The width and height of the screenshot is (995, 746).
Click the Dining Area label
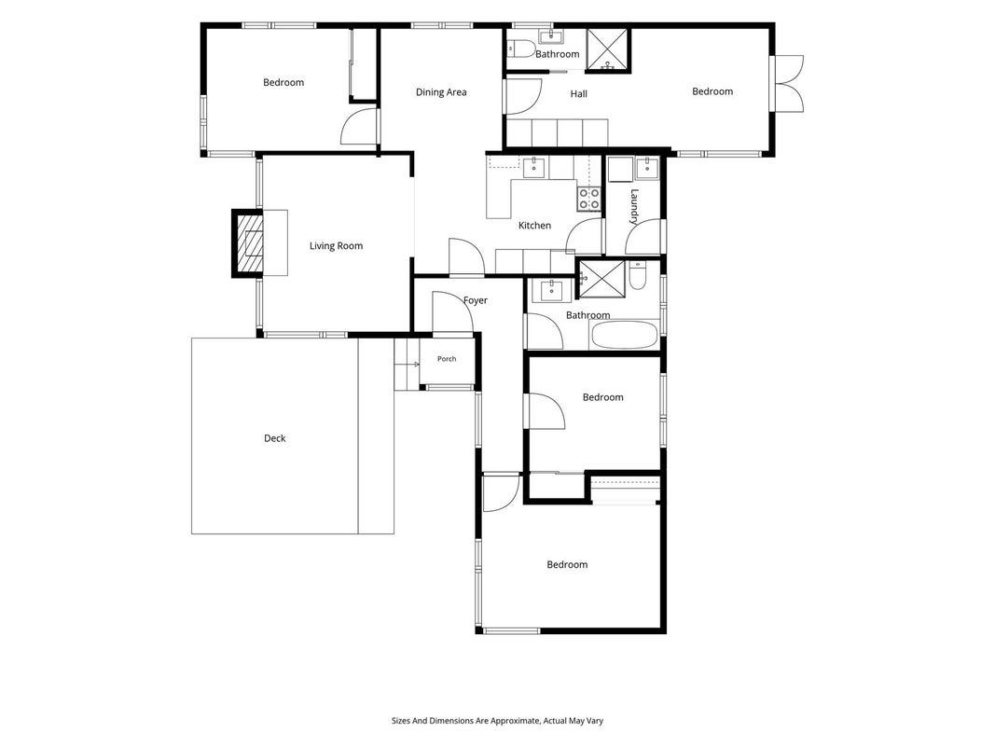[441, 92]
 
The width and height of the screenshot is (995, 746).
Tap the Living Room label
[336, 246]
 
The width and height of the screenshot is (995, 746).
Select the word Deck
[275, 438]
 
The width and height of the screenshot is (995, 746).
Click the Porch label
[447, 359]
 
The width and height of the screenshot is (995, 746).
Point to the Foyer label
[476, 300]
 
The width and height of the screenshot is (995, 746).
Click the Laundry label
[634, 207]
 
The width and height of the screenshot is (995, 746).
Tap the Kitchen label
[535, 225]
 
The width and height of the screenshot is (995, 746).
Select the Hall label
[579, 94]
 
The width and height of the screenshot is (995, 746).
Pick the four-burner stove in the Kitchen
[588, 199]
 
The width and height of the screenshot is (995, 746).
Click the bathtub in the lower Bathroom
[625, 335]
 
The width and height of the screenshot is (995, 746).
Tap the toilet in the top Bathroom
[522, 48]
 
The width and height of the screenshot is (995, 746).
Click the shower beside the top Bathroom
[607, 48]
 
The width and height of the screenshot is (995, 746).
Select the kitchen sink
[533, 168]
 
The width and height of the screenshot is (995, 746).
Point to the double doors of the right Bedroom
[787, 84]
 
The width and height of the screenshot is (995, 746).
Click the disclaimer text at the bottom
[498, 721]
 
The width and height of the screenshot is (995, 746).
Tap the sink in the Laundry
[646, 167]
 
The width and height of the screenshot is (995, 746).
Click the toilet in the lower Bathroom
[637, 276]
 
